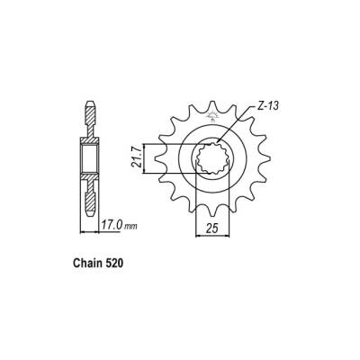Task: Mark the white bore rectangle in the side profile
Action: (91, 158)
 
